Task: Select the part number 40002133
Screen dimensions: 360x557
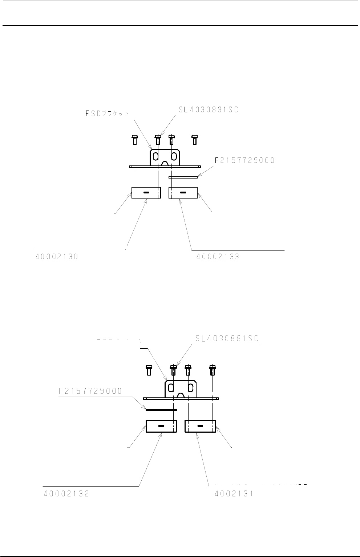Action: (218, 257)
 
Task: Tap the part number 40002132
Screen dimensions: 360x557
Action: (66, 494)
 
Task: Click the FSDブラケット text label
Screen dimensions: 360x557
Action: (107, 113)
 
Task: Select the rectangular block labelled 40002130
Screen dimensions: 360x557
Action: (146, 193)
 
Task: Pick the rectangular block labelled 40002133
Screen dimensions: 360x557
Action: (183, 193)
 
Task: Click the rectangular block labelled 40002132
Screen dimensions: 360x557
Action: (161, 426)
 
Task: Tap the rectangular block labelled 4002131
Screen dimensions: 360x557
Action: (200, 426)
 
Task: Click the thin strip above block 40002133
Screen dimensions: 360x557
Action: (183, 177)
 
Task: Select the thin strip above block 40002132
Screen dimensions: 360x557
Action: (161, 410)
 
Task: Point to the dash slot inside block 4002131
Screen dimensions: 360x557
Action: (200, 426)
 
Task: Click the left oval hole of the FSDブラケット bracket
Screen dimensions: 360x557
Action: (155, 157)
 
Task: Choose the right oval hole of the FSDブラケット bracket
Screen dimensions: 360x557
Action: (174, 157)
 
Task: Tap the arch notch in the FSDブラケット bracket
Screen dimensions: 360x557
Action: (165, 164)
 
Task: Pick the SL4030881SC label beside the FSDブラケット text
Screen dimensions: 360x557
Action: (210, 109)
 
